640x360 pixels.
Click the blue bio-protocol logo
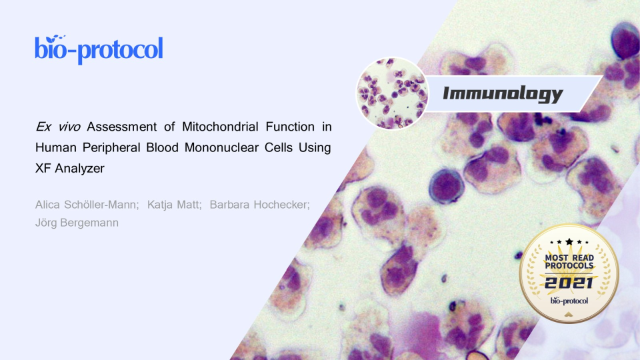coord(99,49)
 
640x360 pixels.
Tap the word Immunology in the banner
coord(503,94)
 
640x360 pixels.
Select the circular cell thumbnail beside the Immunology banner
coord(392,93)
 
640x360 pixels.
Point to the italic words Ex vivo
coord(58,127)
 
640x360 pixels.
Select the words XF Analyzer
coord(70,168)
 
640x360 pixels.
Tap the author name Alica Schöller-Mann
coord(86,205)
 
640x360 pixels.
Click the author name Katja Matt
coord(173,205)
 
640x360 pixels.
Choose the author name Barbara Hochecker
coord(259,205)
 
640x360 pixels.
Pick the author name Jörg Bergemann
coord(77,223)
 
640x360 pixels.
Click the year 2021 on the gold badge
coord(569,283)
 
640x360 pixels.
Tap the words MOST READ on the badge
coord(569,257)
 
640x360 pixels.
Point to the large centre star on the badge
coord(569,241)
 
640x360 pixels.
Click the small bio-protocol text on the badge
coord(569,301)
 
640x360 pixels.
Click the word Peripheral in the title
coord(111,147)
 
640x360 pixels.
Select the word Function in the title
coord(290,127)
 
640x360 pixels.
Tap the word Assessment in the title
coord(121,127)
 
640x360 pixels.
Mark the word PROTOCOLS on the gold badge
coord(569,266)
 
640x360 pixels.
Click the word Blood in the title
coord(162,147)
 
